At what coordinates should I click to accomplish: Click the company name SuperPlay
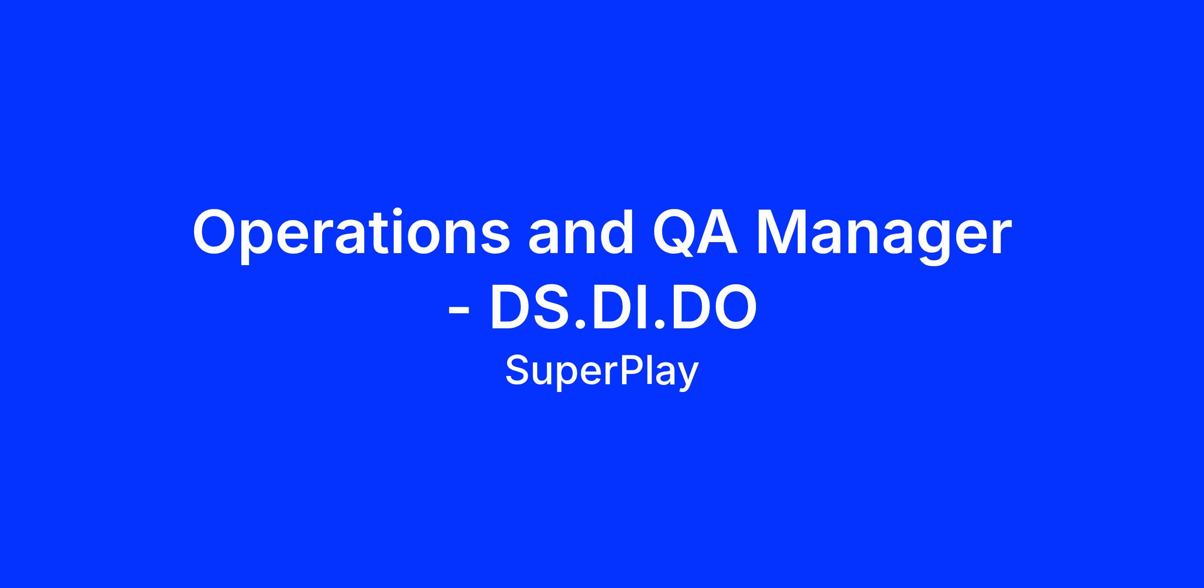point(601,372)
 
